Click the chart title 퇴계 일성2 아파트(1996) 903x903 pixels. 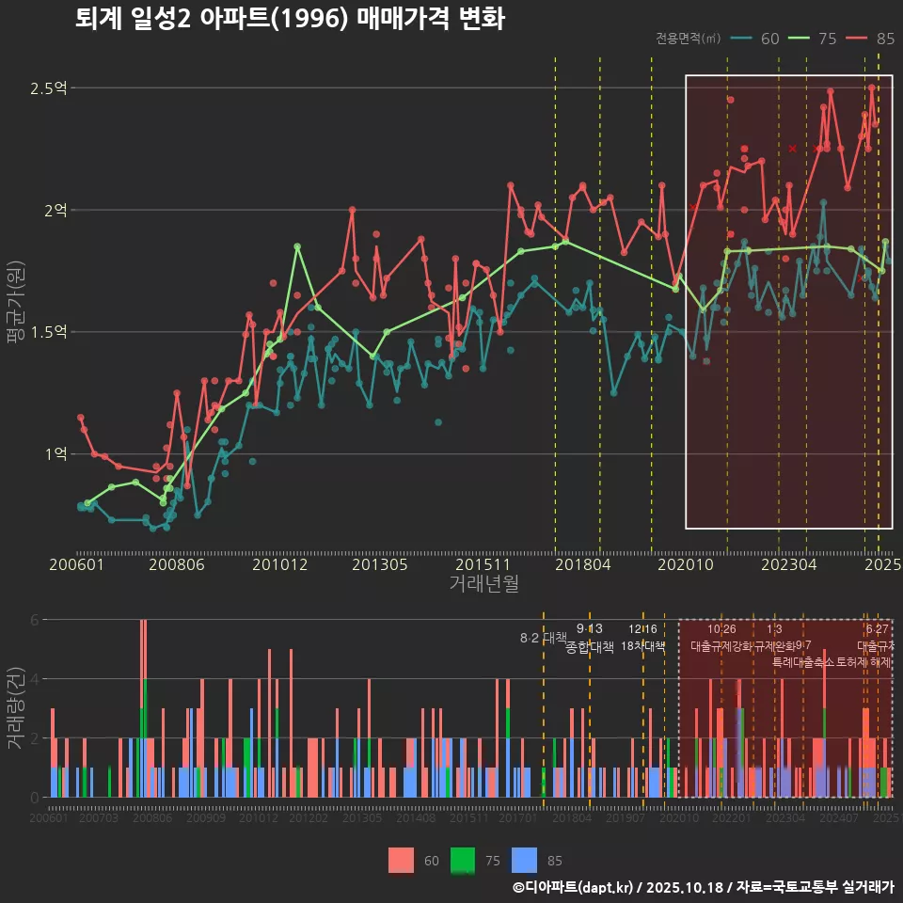click(x=290, y=20)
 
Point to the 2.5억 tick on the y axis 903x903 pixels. click(x=49, y=88)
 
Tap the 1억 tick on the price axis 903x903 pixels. click(x=55, y=454)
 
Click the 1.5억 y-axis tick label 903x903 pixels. click(x=49, y=332)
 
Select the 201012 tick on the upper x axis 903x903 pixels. click(x=279, y=564)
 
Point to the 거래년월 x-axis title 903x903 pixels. click(x=483, y=583)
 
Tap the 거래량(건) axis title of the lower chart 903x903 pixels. click(x=16, y=707)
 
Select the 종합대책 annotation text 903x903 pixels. click(x=589, y=647)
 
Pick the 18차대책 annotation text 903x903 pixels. click(x=643, y=646)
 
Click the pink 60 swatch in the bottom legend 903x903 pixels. click(x=402, y=860)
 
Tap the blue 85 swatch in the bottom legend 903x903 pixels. click(x=525, y=860)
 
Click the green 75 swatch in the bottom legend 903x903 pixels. click(x=463, y=860)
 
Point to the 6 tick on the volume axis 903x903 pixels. click(x=34, y=620)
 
